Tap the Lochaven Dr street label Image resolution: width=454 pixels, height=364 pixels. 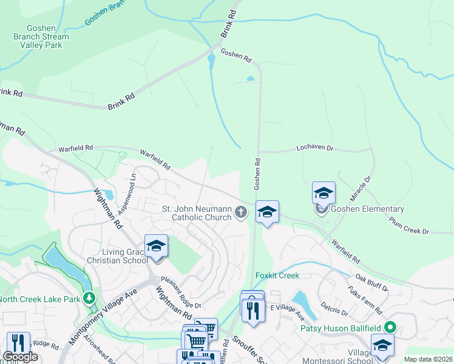click(315, 148)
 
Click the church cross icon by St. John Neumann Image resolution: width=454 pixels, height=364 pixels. click(242, 212)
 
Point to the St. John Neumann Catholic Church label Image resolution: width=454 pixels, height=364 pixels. click(197, 213)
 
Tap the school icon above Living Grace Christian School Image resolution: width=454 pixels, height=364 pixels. click(157, 246)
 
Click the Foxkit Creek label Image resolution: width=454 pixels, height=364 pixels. click(277, 275)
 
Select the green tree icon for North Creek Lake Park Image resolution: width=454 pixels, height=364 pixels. click(90, 298)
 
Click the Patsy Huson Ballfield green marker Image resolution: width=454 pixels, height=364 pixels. click(390, 328)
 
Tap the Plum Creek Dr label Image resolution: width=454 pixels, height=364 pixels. click(409, 226)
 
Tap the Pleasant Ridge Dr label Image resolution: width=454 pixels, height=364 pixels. click(180, 292)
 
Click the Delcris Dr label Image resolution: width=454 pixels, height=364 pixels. click(334, 308)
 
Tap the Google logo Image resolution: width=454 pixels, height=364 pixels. click(21, 357)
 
